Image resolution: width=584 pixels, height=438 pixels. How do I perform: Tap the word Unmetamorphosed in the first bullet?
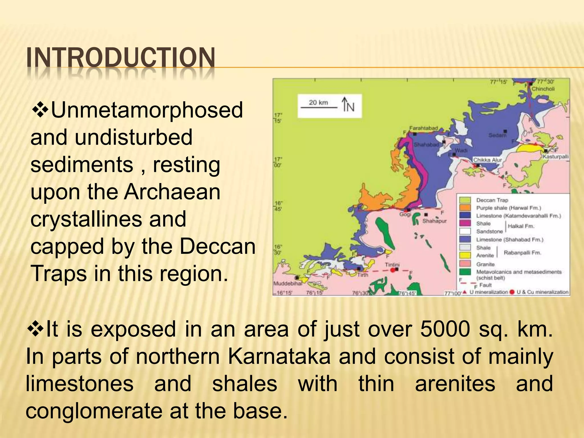(x=147, y=110)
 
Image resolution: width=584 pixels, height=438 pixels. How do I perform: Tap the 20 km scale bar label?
(x=318, y=102)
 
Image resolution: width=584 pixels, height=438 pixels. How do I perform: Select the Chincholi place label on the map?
(x=543, y=89)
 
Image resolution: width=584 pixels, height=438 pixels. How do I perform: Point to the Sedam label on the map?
(x=497, y=135)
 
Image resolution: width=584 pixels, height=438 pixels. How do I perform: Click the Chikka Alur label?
(x=487, y=160)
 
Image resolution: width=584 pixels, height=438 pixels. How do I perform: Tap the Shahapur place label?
(x=434, y=221)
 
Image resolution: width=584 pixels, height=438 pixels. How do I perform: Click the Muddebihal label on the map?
(x=288, y=284)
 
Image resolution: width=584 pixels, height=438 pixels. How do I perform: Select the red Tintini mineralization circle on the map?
(x=393, y=270)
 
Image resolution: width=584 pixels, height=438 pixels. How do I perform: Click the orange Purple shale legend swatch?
(x=465, y=208)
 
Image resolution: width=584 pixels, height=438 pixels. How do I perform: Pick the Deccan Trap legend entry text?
(x=492, y=200)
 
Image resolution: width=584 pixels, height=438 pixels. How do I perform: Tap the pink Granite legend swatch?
(x=465, y=264)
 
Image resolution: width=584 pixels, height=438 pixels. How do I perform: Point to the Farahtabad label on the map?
(x=423, y=128)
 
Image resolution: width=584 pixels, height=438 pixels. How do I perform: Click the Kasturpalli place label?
(x=555, y=157)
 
